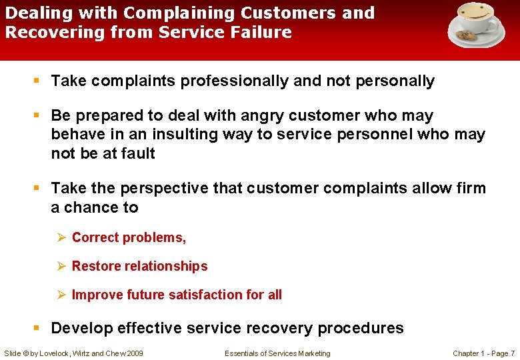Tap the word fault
pos(136,153)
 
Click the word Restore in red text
pos(93,266)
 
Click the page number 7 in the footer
pos(512,353)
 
